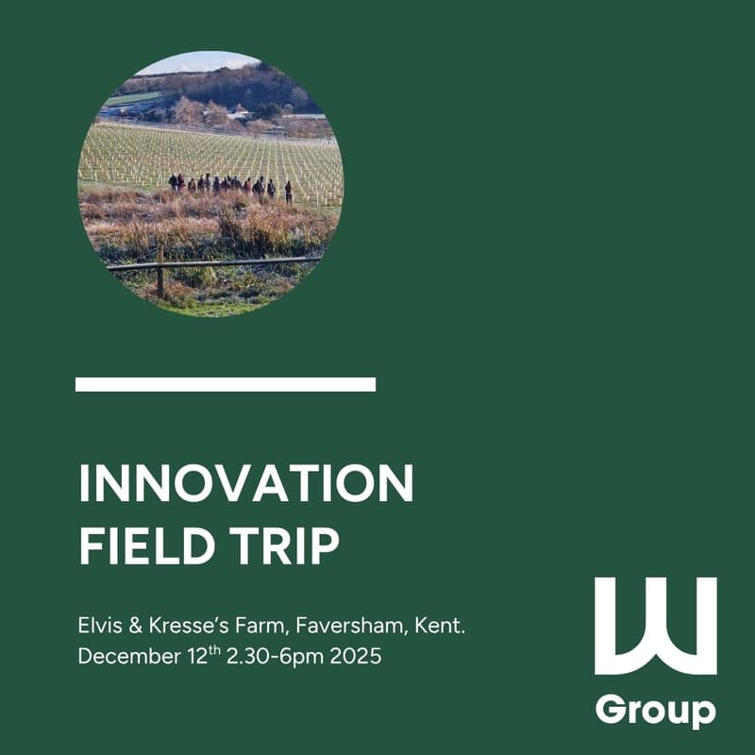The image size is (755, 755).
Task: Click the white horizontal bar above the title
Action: [226, 384]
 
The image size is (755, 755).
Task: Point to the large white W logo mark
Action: [655, 626]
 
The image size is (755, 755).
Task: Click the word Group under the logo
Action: [655, 709]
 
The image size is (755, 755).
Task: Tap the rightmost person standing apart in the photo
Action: [288, 192]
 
